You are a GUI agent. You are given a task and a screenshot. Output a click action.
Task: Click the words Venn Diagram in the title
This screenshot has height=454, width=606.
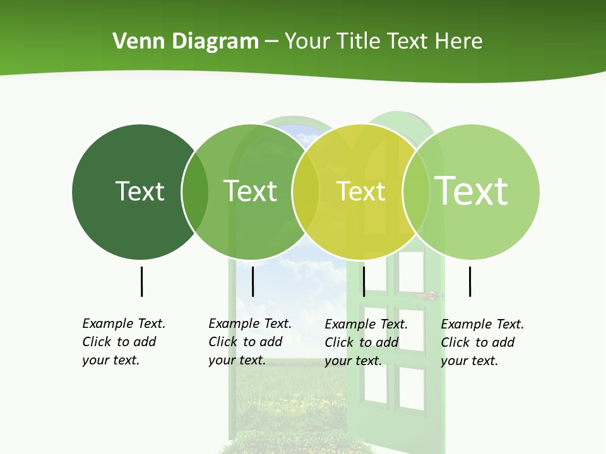tap(185, 42)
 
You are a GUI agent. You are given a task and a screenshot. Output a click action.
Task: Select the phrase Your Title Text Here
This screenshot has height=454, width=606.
tap(383, 42)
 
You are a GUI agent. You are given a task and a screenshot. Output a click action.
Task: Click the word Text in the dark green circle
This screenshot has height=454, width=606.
tap(140, 191)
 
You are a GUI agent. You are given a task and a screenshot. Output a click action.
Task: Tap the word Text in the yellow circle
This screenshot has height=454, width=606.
tap(360, 192)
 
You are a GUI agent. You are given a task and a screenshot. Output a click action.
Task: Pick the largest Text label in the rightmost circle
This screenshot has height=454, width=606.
tap(472, 190)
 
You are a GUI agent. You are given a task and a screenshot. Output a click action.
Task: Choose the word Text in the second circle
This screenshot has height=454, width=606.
tap(251, 191)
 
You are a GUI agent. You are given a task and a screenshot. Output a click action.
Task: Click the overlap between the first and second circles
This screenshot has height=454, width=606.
tap(195, 192)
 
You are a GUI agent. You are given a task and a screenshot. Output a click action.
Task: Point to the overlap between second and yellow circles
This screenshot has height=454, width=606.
tap(306, 192)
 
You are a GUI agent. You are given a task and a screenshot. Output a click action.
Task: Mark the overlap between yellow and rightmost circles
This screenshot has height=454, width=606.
tap(416, 192)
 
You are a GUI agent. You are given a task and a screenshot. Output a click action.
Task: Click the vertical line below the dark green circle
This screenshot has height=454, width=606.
tap(141, 281)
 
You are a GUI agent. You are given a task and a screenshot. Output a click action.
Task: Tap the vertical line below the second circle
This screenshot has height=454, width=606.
tap(252, 281)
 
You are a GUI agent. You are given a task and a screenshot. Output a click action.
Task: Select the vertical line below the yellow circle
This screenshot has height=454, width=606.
tap(364, 281)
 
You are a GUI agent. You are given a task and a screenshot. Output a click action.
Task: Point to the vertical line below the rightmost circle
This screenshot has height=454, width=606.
tap(470, 281)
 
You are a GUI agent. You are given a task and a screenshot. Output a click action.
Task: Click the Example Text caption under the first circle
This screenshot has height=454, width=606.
tap(124, 342)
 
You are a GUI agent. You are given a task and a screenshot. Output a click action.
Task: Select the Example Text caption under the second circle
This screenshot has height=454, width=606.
tap(250, 342)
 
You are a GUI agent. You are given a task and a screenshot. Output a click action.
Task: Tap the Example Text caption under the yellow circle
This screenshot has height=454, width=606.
tap(366, 342)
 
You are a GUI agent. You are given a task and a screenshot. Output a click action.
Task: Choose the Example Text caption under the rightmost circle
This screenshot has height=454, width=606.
tap(482, 342)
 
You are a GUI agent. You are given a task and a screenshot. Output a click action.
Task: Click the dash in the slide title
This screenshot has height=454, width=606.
tap(271, 42)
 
